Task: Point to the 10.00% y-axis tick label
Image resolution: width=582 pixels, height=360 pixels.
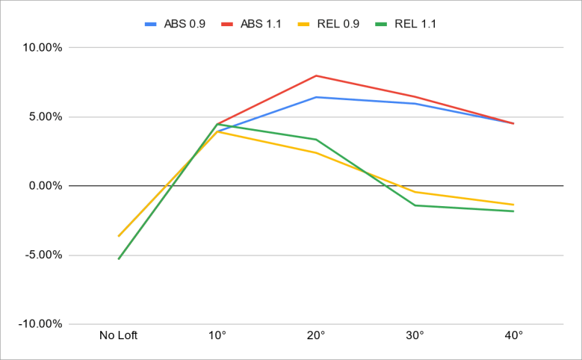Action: [x=43, y=47]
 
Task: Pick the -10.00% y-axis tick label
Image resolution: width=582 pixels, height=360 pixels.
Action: [x=42, y=324]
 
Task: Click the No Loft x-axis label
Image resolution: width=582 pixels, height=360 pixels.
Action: [x=119, y=335]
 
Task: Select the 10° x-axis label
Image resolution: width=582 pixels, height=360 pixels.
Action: [x=217, y=335]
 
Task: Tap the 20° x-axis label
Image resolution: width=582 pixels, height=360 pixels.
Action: [x=316, y=335]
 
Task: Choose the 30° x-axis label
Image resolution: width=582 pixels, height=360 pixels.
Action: [x=415, y=335]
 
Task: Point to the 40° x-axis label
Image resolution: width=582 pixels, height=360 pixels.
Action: [x=513, y=335]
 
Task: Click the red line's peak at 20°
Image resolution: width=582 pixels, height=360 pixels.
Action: [x=316, y=75]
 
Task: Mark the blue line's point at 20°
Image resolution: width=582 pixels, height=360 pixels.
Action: [x=316, y=97]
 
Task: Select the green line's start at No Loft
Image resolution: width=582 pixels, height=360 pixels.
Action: [x=119, y=258]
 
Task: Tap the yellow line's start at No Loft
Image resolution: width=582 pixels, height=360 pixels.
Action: [x=119, y=236]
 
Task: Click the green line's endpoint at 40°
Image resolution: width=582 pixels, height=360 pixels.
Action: [x=513, y=211]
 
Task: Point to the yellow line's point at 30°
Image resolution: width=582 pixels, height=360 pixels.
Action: [x=415, y=192]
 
